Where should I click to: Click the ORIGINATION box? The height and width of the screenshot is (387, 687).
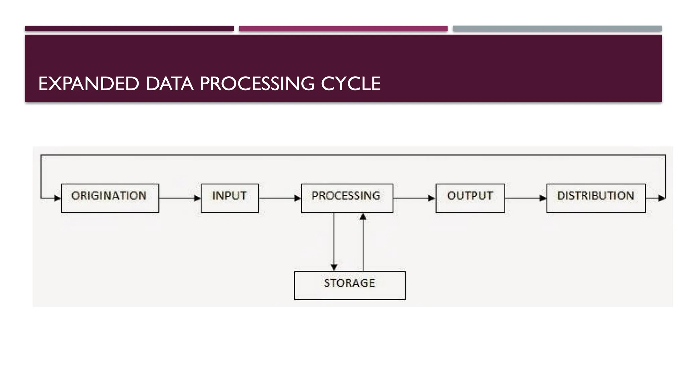[110, 198]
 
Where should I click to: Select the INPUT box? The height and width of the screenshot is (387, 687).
[229, 198]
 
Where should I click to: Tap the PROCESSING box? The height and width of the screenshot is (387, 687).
[347, 198]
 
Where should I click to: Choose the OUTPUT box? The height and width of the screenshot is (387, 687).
[470, 198]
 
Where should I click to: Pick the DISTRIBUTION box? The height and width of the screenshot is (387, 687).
[596, 198]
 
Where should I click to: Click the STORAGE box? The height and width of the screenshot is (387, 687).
[350, 285]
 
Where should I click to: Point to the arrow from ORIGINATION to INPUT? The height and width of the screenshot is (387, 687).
[180, 198]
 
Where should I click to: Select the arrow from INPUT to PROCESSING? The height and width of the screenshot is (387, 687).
[280, 198]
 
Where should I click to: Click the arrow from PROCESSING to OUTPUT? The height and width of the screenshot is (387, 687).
[414, 198]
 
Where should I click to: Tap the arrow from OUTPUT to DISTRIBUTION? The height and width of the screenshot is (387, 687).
[526, 198]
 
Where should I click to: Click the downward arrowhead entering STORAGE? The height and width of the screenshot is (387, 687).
[334, 267]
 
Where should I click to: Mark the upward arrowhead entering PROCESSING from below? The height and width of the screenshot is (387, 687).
[363, 217]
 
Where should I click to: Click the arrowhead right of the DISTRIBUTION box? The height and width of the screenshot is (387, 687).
[662, 198]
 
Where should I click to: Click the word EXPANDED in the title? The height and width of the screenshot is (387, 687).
[89, 84]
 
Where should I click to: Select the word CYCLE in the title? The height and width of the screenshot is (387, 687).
[351, 84]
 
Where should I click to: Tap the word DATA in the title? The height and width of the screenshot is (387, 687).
[169, 84]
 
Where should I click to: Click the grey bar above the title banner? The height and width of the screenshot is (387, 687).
[557, 29]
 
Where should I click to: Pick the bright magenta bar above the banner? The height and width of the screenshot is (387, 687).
[343, 29]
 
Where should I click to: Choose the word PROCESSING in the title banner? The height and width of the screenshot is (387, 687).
[257, 84]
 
